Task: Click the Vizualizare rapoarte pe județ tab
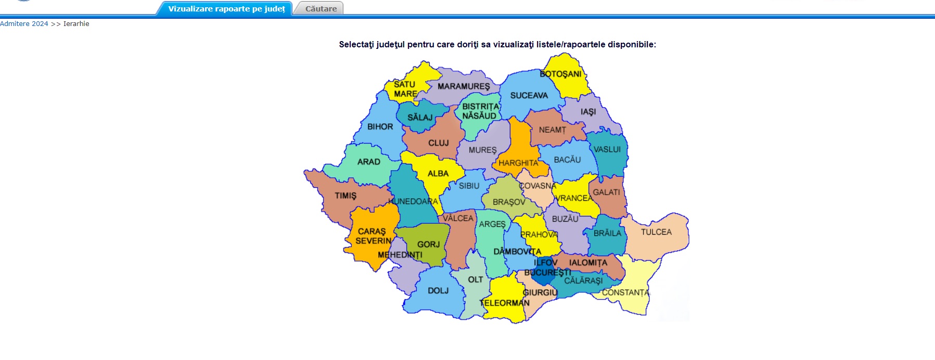tap(226, 9)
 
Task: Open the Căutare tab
tap(321, 9)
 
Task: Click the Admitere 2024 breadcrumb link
tap(24, 24)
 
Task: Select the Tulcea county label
tap(656, 232)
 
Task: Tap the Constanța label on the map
tap(625, 293)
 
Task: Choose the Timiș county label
tap(345, 196)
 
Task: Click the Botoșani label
tap(560, 74)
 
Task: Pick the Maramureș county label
tap(464, 86)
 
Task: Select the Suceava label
tap(529, 96)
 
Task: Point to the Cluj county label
tap(438, 143)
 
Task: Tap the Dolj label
tap(438, 291)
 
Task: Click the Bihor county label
tap(380, 127)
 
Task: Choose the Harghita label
tap(518, 163)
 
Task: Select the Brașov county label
tap(508, 202)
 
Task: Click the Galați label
tap(606, 192)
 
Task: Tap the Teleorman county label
tap(505, 303)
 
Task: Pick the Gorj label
tap(428, 245)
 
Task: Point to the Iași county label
tap(588, 112)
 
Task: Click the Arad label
tap(368, 162)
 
